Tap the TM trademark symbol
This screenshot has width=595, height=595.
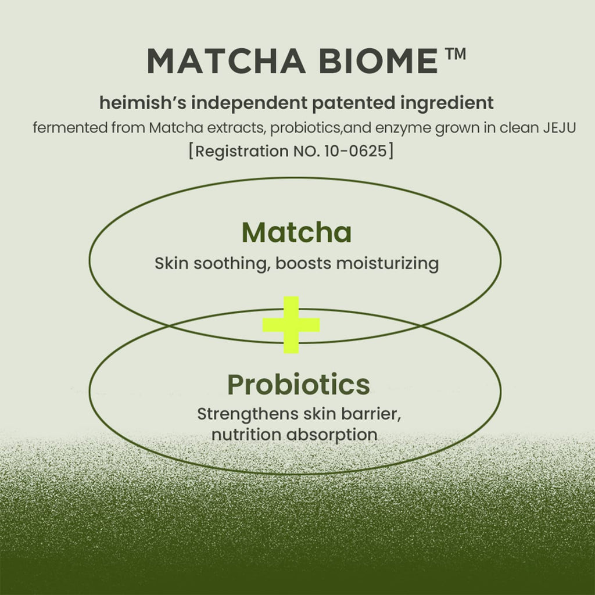pyautogui.click(x=456, y=55)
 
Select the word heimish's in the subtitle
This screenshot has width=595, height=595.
pyautogui.click(x=143, y=103)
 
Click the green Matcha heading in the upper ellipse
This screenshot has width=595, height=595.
pyautogui.click(x=296, y=233)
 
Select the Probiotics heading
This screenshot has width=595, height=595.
pyautogui.click(x=298, y=385)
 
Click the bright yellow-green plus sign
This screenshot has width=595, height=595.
pyautogui.click(x=291, y=325)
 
